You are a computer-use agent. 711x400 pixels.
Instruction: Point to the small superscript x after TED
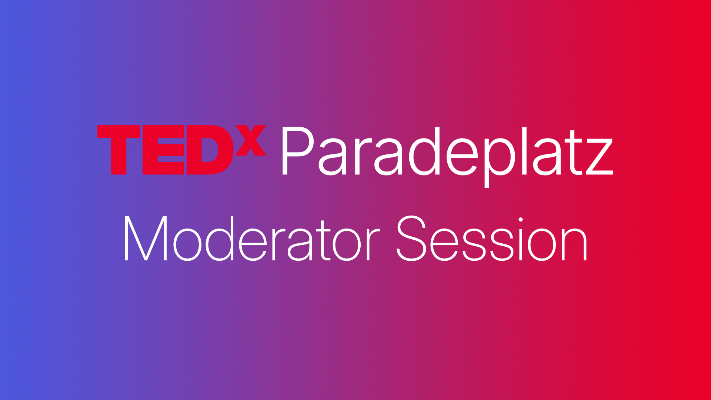[x=251, y=140]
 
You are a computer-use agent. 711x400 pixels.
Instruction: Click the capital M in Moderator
[x=146, y=239]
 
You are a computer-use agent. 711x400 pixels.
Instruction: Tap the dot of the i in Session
[x=520, y=220]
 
